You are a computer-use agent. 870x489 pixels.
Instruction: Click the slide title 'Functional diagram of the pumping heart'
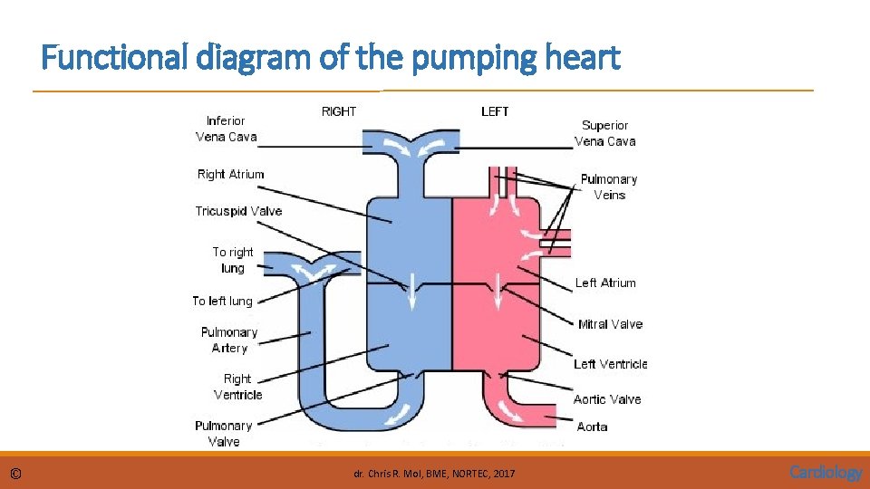click(x=331, y=60)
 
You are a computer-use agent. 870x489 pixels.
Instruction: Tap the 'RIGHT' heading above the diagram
click(x=339, y=111)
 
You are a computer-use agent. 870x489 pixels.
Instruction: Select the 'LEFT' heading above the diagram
click(x=495, y=111)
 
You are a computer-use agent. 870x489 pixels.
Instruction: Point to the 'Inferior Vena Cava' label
click(x=226, y=129)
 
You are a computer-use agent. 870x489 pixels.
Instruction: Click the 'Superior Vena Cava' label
click(x=604, y=133)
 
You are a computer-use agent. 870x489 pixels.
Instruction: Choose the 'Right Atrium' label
click(x=230, y=174)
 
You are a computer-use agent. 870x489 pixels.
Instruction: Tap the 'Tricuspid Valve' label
click(x=238, y=211)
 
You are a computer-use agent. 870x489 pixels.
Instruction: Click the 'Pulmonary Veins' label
click(x=609, y=187)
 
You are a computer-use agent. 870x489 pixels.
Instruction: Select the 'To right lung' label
click(x=233, y=260)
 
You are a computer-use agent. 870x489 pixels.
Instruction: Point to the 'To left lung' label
click(x=222, y=301)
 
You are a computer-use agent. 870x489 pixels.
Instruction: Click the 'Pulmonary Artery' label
click(x=229, y=340)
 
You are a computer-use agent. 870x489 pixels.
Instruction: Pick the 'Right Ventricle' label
click(x=237, y=387)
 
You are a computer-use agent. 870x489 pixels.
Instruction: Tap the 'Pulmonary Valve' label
click(x=223, y=433)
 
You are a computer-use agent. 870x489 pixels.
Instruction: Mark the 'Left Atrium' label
click(x=605, y=283)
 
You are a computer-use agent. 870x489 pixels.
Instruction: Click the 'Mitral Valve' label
click(x=610, y=324)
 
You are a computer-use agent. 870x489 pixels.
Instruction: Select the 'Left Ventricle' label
click(x=610, y=364)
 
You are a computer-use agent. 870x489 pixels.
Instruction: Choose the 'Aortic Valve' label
click(x=606, y=399)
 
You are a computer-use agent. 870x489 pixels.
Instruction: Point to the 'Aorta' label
click(x=592, y=427)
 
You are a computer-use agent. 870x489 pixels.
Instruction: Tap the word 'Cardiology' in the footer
click(x=826, y=472)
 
